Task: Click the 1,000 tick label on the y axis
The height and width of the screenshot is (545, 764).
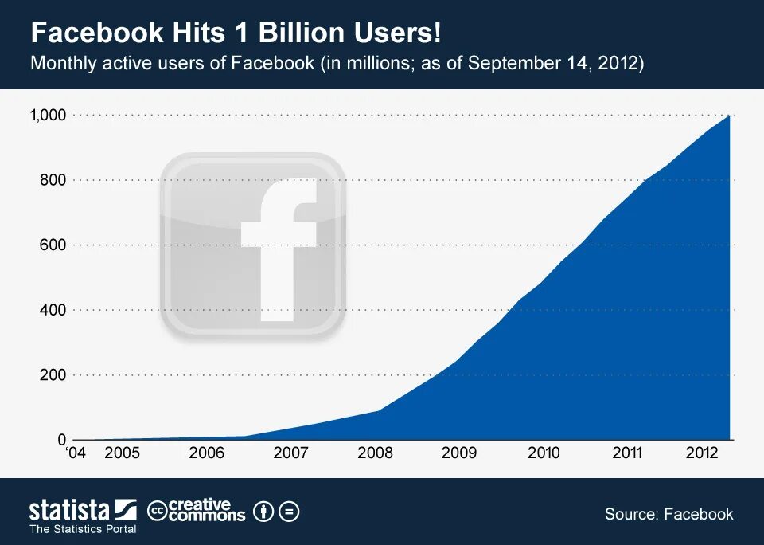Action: (47, 116)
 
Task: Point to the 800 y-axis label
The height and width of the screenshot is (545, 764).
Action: (53, 180)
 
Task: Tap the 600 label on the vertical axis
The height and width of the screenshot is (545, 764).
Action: (53, 245)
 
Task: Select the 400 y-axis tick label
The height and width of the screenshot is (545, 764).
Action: (53, 310)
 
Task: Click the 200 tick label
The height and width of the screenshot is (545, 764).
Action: (53, 374)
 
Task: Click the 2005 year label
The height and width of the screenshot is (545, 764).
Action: (122, 453)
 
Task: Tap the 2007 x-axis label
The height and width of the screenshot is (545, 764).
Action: (290, 453)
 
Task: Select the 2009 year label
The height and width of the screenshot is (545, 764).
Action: (459, 453)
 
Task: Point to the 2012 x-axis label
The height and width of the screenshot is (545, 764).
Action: (703, 453)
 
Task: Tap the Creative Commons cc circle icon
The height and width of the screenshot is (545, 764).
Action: (158, 512)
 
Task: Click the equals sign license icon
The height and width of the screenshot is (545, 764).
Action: (290, 512)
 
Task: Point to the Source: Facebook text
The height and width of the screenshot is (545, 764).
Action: (668, 514)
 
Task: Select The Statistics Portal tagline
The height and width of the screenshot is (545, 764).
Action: (83, 529)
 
